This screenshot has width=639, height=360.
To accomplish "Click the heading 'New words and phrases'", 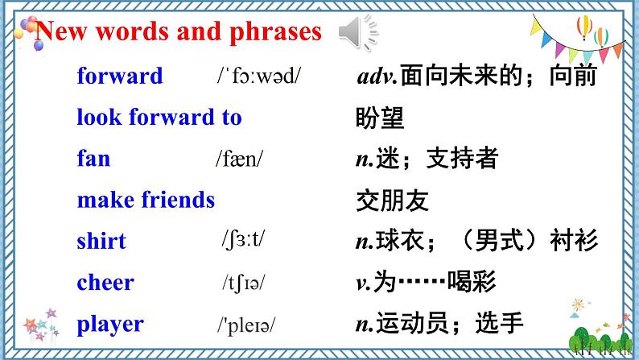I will (x=179, y=32).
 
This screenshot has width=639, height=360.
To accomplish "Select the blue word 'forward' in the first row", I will (x=119, y=77).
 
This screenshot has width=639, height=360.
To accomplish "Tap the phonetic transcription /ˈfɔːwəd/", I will (x=258, y=77).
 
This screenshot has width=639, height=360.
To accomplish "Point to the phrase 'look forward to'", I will (x=159, y=118).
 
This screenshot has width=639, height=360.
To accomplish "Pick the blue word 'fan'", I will (x=93, y=159).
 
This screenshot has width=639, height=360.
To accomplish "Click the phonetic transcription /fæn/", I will (x=241, y=159).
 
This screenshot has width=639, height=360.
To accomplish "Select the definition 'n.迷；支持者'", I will (x=426, y=159).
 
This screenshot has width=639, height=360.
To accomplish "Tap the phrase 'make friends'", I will (x=146, y=200).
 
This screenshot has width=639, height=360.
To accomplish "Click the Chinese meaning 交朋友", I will (x=392, y=201).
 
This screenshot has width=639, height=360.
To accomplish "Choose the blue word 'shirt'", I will (x=101, y=241).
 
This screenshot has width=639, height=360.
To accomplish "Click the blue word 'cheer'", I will (x=105, y=283).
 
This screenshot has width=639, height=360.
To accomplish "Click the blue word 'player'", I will (x=110, y=325).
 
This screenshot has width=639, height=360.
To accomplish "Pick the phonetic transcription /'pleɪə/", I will (x=246, y=325).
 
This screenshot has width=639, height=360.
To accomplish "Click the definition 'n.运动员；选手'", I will (x=439, y=325).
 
